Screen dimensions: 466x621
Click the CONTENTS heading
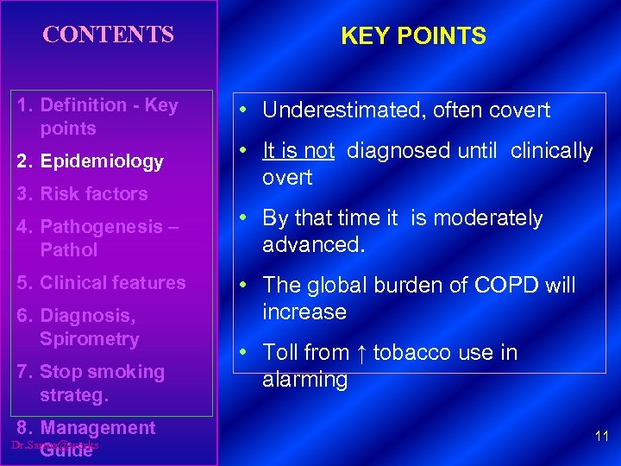click(109, 35)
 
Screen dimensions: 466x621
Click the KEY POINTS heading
click(413, 36)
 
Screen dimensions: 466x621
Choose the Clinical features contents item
click(102, 283)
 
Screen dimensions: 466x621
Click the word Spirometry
click(89, 339)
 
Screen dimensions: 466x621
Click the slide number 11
click(602, 437)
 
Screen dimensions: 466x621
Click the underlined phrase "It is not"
click(298, 151)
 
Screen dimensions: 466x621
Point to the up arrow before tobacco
click(361, 353)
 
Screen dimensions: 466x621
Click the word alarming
click(304, 380)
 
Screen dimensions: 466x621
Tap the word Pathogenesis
click(97, 227)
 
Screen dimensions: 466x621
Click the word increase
click(304, 312)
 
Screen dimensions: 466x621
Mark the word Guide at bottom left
click(66, 450)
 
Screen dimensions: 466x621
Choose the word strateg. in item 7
click(74, 396)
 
